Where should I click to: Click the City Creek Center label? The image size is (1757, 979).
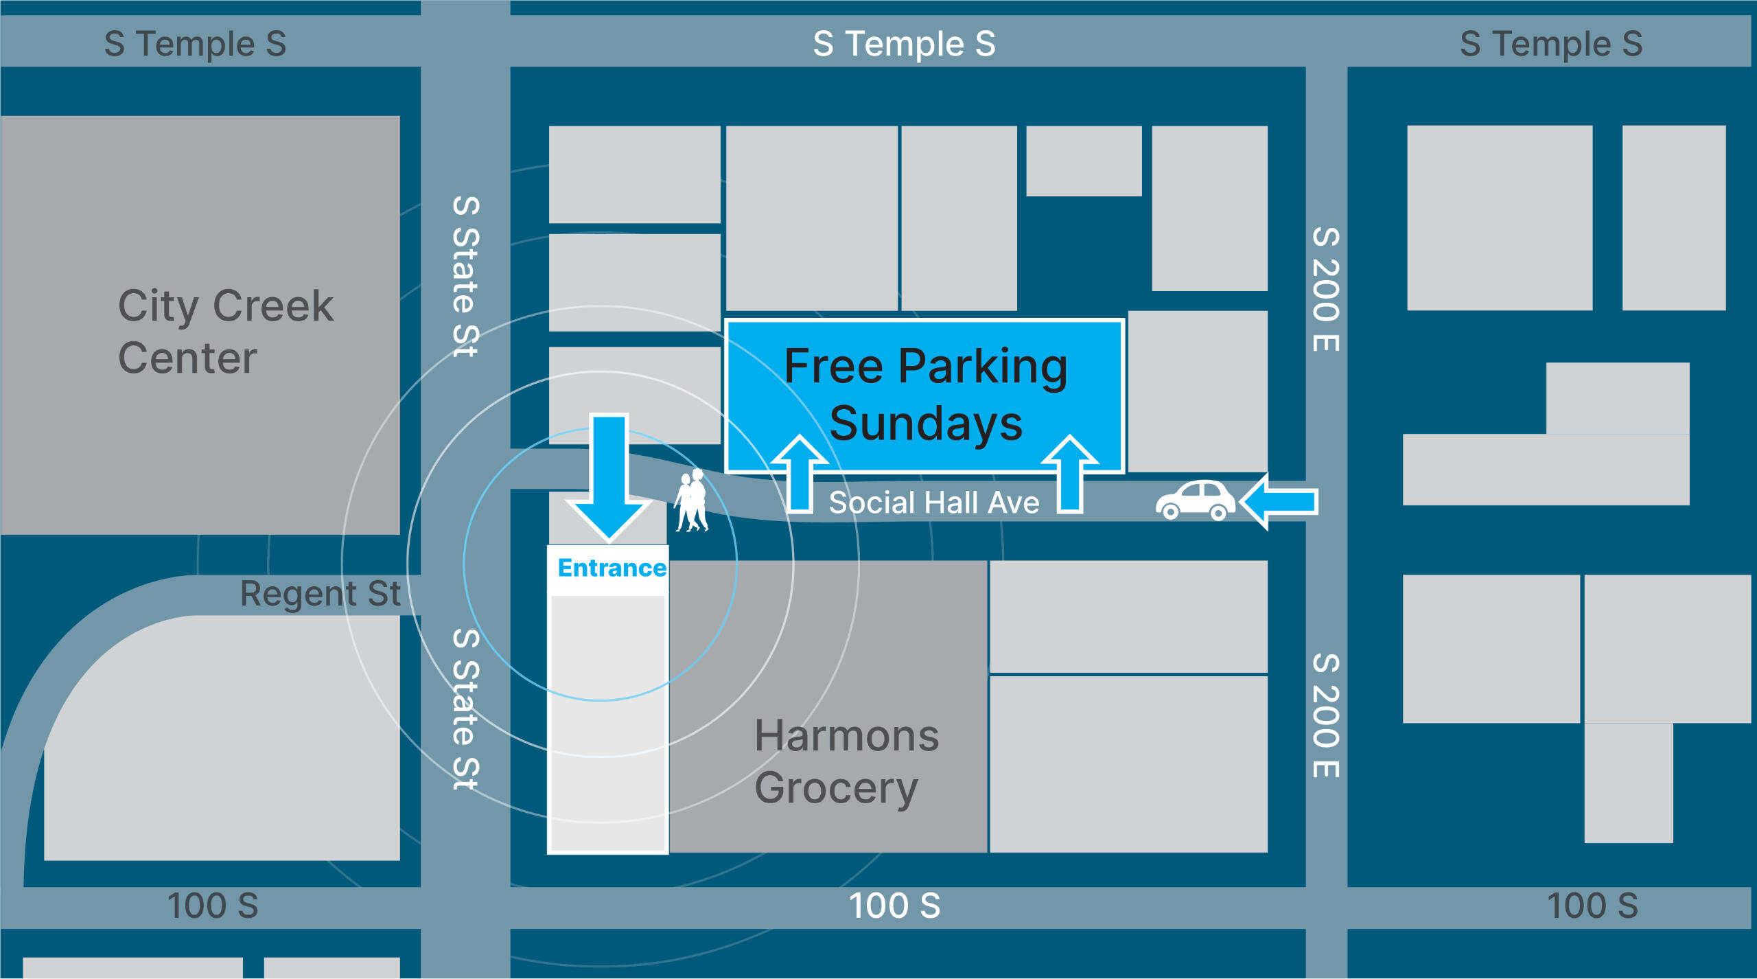(225, 332)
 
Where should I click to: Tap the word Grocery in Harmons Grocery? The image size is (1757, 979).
(836, 787)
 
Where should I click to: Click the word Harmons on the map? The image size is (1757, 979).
(846, 736)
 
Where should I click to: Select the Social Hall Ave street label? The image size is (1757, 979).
(933, 503)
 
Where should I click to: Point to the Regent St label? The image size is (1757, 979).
(320, 594)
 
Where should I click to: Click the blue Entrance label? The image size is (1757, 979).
(612, 568)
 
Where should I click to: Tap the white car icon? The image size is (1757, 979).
(1195, 500)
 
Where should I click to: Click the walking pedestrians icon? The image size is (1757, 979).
(692, 501)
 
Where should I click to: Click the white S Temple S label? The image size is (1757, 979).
(904, 44)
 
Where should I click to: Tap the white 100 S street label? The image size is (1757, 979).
(894, 906)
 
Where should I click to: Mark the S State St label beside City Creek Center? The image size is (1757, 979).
(466, 276)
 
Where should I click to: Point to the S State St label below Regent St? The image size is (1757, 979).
(466, 709)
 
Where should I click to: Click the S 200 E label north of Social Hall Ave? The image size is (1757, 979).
(1326, 289)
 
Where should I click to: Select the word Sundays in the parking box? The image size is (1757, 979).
(926, 424)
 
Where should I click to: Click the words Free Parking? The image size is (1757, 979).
(926, 367)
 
